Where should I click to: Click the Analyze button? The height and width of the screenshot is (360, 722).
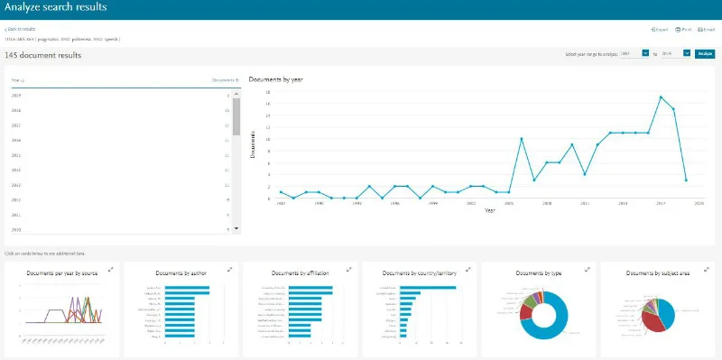click(705, 53)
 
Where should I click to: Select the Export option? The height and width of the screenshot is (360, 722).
click(660, 30)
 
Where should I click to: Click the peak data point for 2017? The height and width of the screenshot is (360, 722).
click(661, 97)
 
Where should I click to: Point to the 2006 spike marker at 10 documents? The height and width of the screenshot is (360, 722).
click(522, 138)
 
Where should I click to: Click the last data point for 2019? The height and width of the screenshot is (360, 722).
click(686, 180)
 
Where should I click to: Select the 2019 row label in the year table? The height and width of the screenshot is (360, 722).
click(17, 95)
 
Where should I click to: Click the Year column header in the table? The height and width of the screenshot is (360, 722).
click(17, 80)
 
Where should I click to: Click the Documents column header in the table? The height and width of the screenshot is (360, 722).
click(224, 80)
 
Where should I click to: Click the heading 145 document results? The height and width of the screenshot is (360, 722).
click(43, 55)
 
